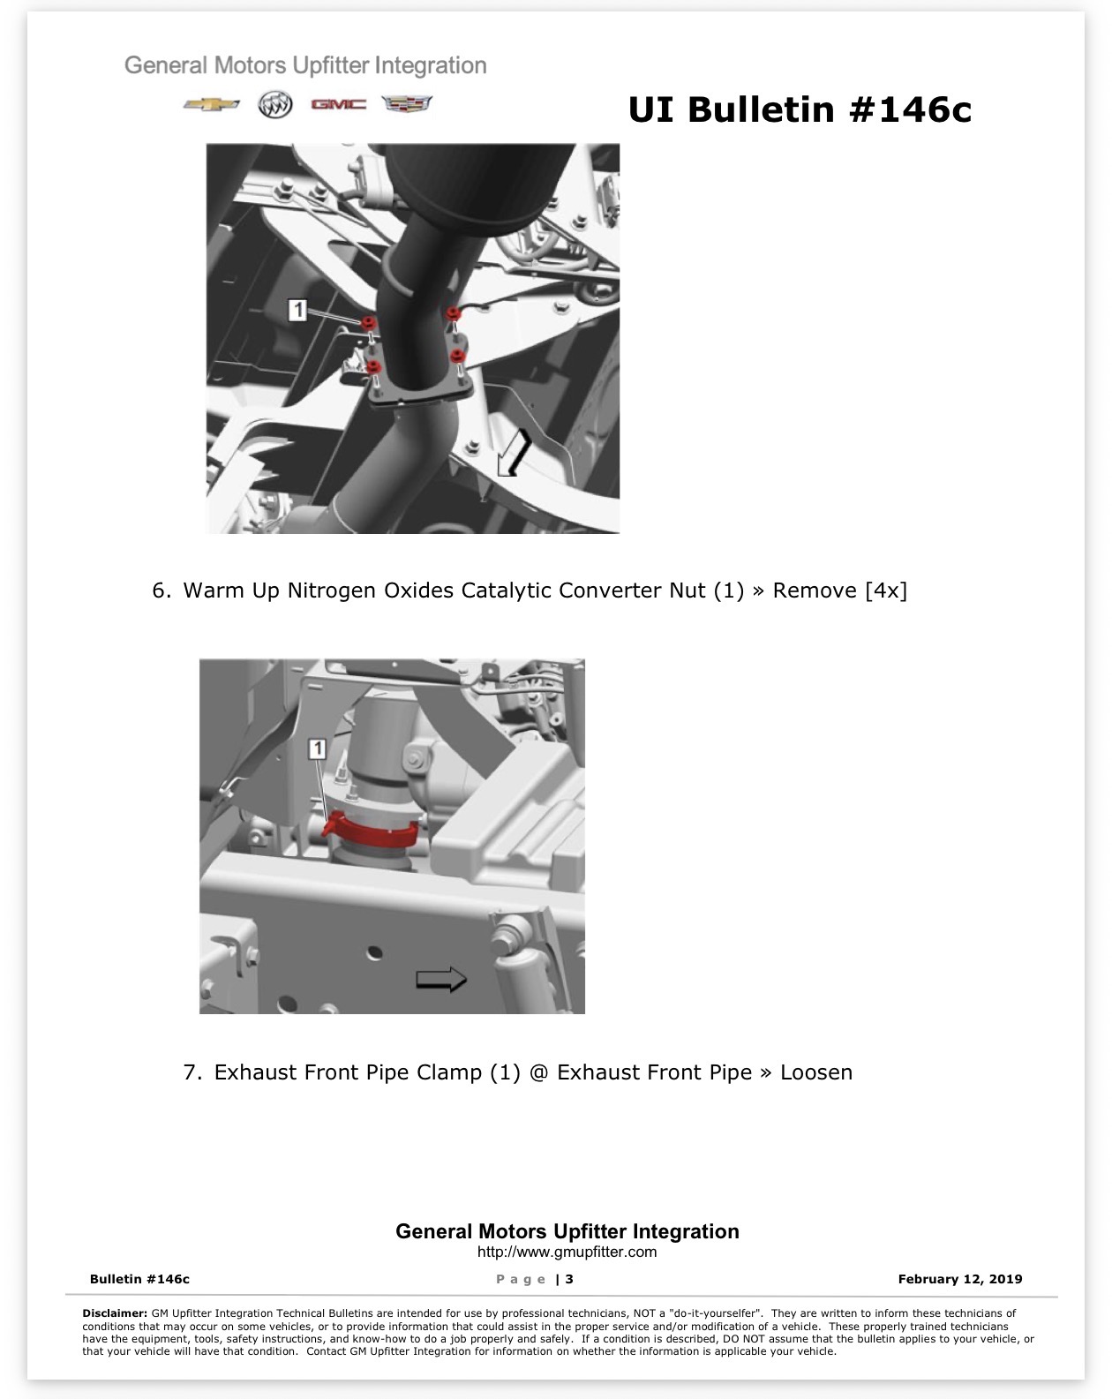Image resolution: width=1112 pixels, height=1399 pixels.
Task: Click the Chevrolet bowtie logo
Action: point(211,105)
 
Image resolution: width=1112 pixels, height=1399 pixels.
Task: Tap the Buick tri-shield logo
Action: point(275,105)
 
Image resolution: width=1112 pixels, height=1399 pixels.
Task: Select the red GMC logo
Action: point(338,104)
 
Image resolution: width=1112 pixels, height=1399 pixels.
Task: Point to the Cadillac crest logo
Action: point(407,103)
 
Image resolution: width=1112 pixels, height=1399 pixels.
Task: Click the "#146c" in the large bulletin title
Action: point(910,109)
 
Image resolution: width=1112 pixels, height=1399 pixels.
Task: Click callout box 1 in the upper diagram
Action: point(297,310)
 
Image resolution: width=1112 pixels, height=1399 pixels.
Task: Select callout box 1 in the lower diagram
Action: point(317,748)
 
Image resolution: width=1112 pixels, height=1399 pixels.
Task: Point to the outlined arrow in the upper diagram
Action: point(515,452)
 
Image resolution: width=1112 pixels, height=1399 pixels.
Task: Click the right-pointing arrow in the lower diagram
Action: point(440,979)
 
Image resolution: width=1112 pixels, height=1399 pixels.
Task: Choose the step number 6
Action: point(162,590)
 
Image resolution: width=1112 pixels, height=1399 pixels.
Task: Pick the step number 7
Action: point(192,1072)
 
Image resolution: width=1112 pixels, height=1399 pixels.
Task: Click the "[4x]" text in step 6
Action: point(886,590)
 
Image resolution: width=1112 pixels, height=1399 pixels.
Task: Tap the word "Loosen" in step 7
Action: point(816,1072)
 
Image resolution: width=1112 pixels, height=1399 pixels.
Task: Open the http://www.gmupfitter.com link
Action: point(567,1252)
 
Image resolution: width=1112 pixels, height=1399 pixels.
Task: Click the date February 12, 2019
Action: point(960,1279)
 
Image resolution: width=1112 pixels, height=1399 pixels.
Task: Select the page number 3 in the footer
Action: point(569,1279)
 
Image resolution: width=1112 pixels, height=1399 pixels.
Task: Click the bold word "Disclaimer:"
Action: point(115,1313)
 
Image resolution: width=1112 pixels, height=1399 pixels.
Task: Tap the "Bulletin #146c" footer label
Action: point(139,1279)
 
